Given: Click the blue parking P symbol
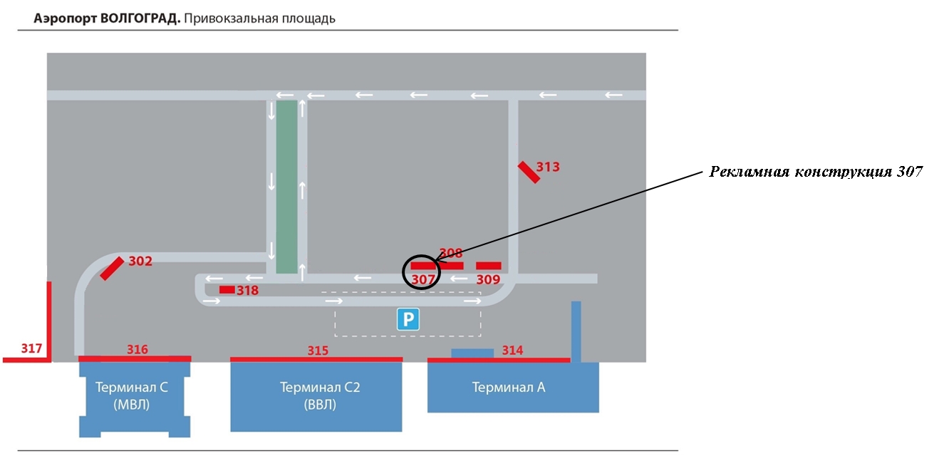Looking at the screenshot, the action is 408,319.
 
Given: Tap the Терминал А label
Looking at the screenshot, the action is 509,387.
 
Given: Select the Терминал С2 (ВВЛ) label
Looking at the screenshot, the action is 320,395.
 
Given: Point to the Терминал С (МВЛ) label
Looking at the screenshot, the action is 131,395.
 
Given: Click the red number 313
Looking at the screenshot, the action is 548,167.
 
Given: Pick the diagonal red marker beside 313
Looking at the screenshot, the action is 529,172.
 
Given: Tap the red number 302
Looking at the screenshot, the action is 140,261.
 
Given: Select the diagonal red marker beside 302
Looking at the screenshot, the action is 113,268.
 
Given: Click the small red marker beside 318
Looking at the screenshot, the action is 227,290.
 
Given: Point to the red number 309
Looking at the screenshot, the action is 488,279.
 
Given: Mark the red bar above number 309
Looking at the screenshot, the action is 489,266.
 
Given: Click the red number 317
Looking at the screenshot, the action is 32,348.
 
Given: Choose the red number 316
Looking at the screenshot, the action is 138,349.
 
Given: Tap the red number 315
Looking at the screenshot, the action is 318,351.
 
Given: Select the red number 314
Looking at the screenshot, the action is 513,351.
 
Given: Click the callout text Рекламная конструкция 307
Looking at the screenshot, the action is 816,172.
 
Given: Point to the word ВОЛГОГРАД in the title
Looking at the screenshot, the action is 140,19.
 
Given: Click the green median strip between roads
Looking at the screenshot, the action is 287,187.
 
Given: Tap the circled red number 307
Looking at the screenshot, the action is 422,279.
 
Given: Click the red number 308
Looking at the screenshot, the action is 451,254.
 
